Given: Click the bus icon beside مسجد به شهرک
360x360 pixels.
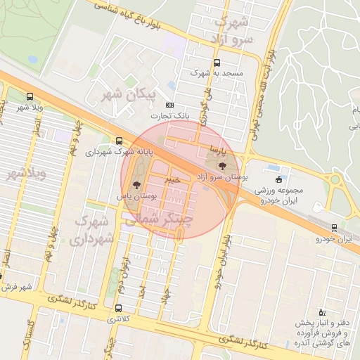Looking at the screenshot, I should [x=195, y=72].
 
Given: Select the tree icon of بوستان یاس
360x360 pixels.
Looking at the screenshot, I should [x=136, y=185].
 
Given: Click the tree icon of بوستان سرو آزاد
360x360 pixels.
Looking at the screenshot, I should [x=224, y=167].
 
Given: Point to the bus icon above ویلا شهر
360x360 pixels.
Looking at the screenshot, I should [x=30, y=96].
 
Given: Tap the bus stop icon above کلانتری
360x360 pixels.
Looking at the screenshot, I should [x=117, y=308].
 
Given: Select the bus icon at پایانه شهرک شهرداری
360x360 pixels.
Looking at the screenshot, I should [x=119, y=140].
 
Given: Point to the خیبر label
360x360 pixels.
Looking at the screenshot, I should [x=172, y=180].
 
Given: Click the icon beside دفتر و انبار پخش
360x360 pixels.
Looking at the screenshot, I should [x=321, y=311].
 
